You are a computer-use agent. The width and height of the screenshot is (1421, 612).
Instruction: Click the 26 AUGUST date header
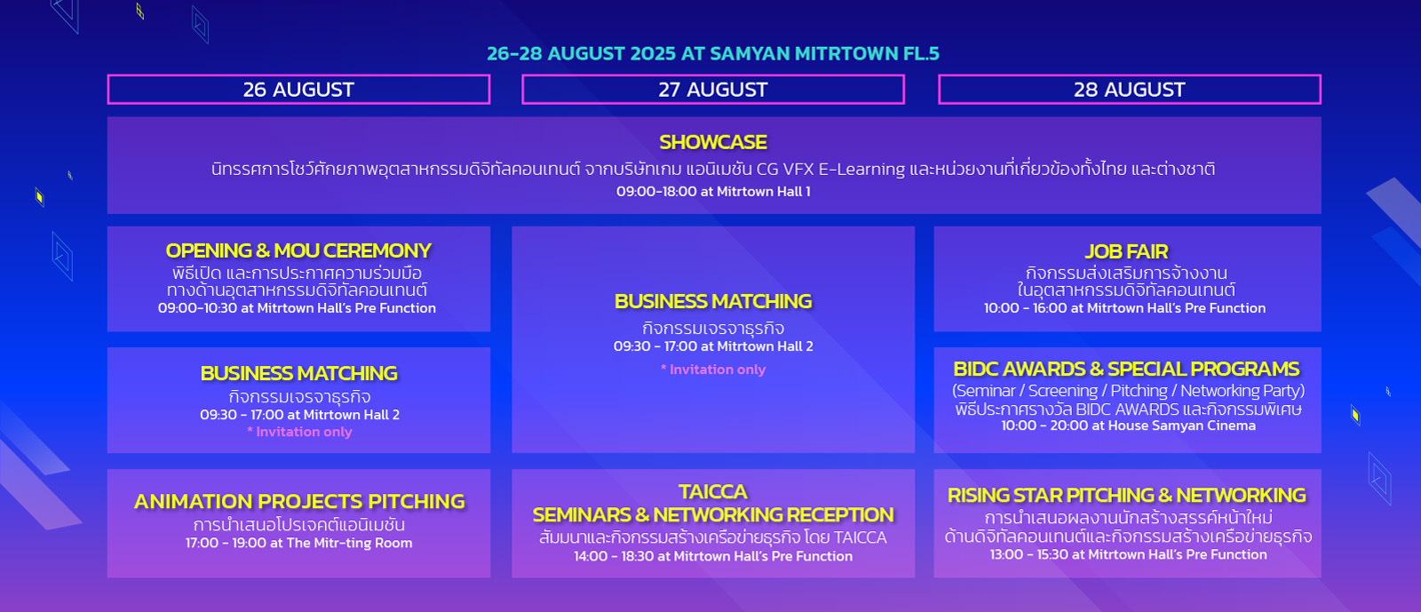click(x=298, y=90)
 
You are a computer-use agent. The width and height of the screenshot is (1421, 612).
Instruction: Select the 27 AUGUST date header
click(x=713, y=90)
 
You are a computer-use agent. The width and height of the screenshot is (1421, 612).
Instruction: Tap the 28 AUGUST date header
click(x=1129, y=90)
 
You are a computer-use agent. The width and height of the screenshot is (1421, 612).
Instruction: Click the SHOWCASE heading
click(x=713, y=142)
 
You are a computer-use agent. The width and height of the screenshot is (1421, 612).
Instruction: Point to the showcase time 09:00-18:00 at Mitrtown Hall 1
click(x=713, y=192)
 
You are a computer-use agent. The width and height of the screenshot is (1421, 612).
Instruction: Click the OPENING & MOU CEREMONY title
click(x=298, y=250)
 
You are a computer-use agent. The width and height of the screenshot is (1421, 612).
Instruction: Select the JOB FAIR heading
click(x=1126, y=251)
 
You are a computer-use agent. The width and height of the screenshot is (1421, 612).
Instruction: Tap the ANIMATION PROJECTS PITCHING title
click(x=299, y=501)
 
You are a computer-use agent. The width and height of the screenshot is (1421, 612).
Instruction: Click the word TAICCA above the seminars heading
click(x=713, y=491)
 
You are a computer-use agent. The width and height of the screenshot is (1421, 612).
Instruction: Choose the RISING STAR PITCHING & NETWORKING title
click(x=1127, y=495)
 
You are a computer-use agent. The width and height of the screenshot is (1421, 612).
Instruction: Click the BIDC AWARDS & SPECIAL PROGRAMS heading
click(x=1127, y=369)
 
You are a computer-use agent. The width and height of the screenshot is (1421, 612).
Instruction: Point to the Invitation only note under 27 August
click(x=713, y=370)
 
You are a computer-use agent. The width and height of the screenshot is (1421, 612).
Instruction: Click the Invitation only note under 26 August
click(x=299, y=432)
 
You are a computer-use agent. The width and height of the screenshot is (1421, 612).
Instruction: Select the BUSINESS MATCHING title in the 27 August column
click(x=713, y=301)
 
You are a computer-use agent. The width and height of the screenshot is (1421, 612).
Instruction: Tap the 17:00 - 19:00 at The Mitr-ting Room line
click(x=298, y=543)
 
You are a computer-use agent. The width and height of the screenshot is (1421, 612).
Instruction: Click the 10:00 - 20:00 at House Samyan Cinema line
click(x=1128, y=425)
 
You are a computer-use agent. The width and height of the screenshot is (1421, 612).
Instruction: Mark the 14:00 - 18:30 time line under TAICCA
click(x=713, y=556)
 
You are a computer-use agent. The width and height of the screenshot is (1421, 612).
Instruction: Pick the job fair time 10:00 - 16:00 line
click(x=1124, y=308)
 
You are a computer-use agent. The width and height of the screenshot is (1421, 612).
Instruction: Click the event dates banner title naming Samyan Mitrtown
click(x=713, y=53)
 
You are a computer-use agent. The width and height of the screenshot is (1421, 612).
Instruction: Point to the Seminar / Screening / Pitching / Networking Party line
click(x=1128, y=391)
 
